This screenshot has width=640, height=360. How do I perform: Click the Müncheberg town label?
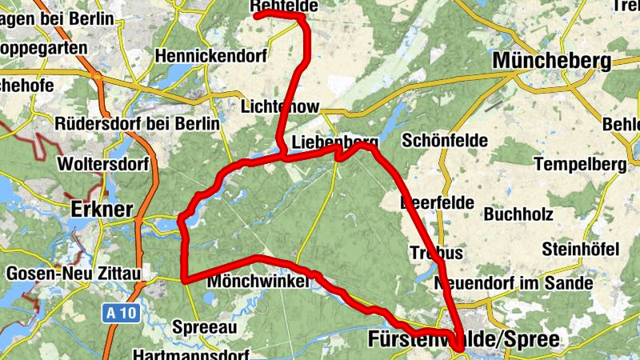pos(552,61)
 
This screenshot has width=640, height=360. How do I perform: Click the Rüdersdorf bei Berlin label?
pos(138,124)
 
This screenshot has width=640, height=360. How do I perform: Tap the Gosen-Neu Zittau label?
pos(74,274)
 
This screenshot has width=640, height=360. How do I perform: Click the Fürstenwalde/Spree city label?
pos(464,339)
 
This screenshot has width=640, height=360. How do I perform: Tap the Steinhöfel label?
pos(581,248)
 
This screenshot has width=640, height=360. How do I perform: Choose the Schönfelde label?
pos(446,140)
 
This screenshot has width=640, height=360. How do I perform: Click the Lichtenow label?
pos(280,107)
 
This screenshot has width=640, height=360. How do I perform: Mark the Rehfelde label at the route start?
pos(285,6)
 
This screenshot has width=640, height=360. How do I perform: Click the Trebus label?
pos(436,253)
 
